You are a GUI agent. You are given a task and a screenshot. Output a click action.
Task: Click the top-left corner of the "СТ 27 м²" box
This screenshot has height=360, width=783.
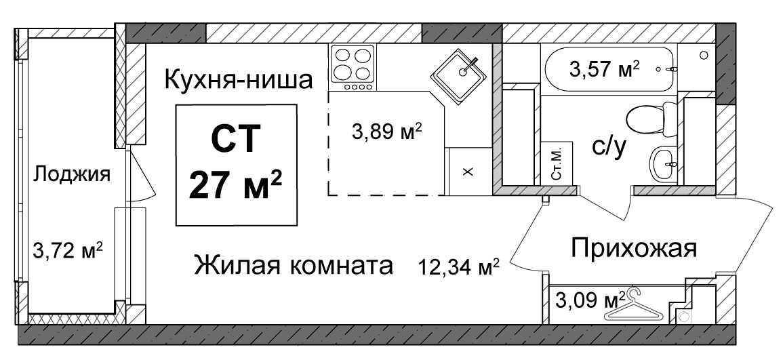[176, 105]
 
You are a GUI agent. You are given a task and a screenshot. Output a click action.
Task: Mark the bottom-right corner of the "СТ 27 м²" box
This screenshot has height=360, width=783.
[297, 226]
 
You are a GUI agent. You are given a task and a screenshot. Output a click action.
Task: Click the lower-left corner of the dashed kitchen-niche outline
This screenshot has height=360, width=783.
[329, 195]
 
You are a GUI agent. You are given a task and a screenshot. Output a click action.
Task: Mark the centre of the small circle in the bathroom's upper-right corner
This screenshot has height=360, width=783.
[704, 54]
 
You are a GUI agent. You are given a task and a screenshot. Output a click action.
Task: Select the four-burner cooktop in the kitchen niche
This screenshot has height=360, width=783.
[352, 68]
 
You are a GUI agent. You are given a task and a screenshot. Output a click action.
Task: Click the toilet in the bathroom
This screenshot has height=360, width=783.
[649, 119]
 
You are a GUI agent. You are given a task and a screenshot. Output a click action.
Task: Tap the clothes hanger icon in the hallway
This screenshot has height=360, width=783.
[634, 306]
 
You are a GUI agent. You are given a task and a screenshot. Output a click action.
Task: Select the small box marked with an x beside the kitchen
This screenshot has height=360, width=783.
[468, 171]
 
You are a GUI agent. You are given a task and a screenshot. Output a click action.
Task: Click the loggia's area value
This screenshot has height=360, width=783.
[68, 249]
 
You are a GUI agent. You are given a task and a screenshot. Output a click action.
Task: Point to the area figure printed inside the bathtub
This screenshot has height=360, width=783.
[605, 68]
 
